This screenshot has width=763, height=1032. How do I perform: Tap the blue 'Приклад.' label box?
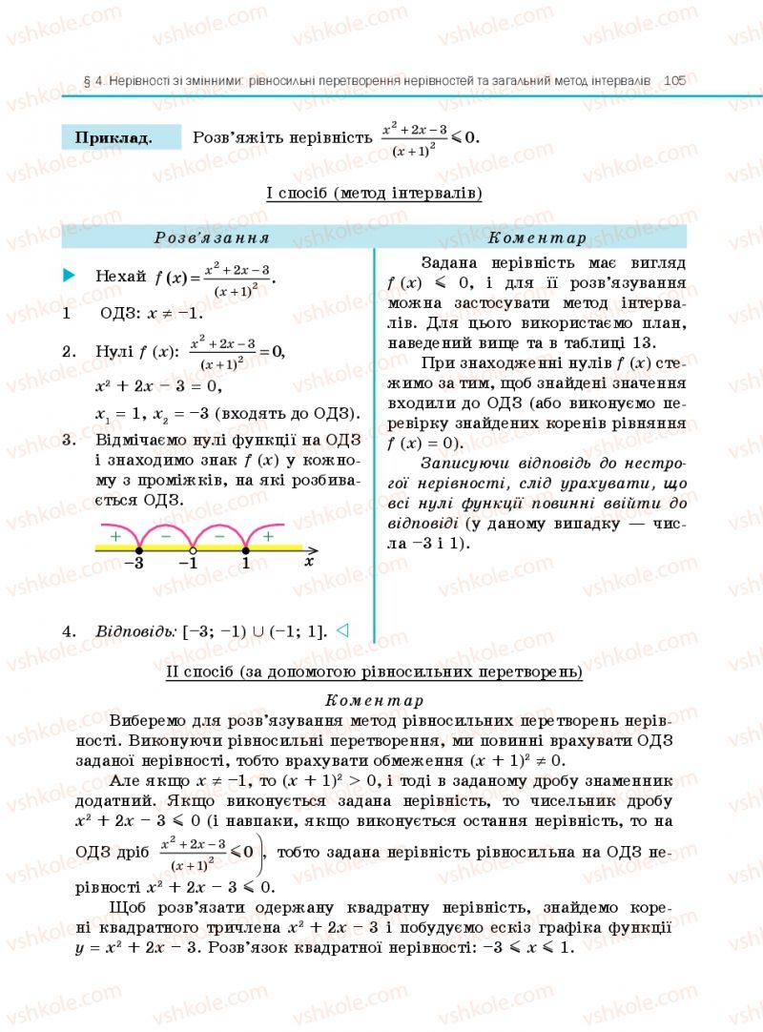click(x=119, y=137)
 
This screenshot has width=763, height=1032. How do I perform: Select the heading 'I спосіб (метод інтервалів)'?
click(x=374, y=194)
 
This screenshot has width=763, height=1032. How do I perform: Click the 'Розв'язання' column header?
click(x=212, y=237)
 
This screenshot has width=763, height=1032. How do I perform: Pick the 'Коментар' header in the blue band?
click(x=536, y=237)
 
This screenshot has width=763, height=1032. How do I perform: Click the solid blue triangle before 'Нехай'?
click(x=69, y=276)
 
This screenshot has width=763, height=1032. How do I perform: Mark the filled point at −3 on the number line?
click(x=139, y=550)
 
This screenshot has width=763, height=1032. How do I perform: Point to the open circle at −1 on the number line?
click(x=193, y=550)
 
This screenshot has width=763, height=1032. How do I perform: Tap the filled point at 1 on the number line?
click(x=245, y=550)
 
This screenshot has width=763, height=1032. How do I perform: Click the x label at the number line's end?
click(x=308, y=562)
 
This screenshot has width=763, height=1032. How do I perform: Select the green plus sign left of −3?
click(x=115, y=537)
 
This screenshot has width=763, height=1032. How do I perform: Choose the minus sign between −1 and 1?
click(x=219, y=537)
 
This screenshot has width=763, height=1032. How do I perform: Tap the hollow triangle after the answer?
click(x=344, y=630)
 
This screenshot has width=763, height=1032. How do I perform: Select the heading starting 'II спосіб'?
click(x=374, y=672)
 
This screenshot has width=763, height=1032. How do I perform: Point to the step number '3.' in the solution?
click(x=69, y=440)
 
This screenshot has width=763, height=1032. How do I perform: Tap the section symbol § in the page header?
click(x=86, y=82)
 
